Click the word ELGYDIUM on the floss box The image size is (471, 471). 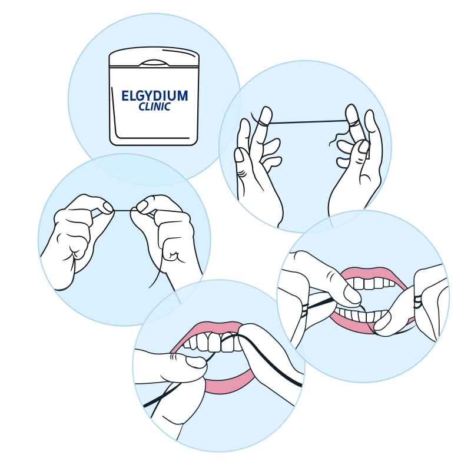154,96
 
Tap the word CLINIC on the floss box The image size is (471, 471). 154,107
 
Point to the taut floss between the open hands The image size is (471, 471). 306,122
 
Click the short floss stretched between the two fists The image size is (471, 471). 125,210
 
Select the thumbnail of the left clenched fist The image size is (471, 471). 107,207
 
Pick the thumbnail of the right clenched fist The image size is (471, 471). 142,206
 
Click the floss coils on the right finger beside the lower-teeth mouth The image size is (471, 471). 417,301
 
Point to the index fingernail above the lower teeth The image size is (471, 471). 352,297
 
